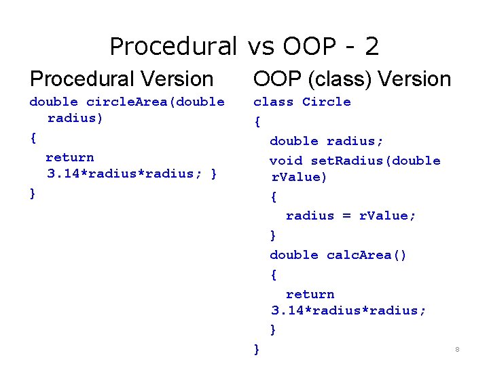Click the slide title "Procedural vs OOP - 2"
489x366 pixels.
(x=244, y=46)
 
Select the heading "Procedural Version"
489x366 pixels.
(x=122, y=79)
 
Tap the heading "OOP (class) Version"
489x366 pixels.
(x=352, y=79)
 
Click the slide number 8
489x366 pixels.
(x=457, y=350)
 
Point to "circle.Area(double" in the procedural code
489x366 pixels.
(x=156, y=102)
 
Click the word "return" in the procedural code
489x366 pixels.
(x=69, y=157)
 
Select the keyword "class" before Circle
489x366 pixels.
(x=273, y=102)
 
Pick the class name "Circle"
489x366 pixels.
(x=327, y=102)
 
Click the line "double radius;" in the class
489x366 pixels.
(x=327, y=141)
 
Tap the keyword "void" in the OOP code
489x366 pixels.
(x=285, y=161)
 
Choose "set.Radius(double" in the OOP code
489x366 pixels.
(x=376, y=161)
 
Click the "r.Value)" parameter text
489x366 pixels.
(x=299, y=178)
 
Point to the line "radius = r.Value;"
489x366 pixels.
(x=351, y=216)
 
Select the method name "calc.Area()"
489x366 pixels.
(x=367, y=255)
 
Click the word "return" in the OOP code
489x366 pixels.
(x=310, y=294)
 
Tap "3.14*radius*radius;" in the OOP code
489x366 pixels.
(x=348, y=310)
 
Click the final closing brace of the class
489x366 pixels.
(x=257, y=349)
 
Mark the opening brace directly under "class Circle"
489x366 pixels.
(x=257, y=122)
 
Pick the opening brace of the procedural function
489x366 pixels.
(x=33, y=138)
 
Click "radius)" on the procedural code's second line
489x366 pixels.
(x=75, y=118)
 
